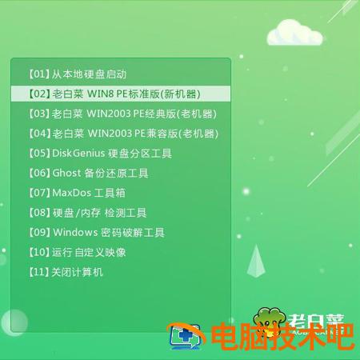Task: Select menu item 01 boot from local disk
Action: [77, 74]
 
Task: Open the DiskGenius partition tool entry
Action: [99, 153]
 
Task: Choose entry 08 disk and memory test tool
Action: [87, 213]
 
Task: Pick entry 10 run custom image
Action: [77, 252]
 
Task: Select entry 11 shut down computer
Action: [66, 272]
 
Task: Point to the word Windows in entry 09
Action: [74, 233]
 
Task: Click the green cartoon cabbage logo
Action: [268, 318]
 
